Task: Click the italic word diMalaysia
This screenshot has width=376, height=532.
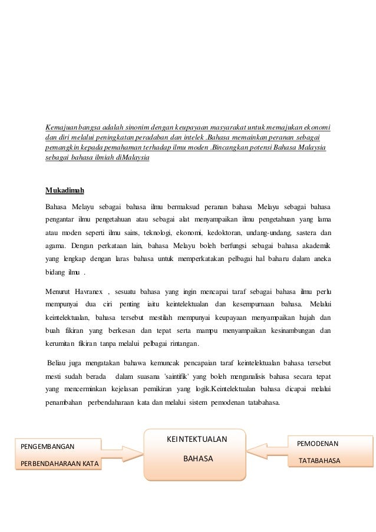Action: point(133,158)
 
